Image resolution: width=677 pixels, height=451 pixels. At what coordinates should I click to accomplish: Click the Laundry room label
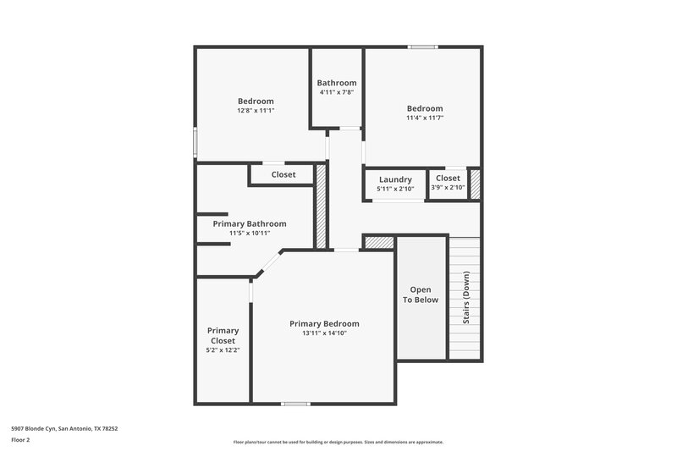pos(395,179)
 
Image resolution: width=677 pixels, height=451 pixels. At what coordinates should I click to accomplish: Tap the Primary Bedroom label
pos(324,323)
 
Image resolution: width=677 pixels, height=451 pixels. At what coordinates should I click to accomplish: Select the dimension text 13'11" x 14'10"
pos(324,333)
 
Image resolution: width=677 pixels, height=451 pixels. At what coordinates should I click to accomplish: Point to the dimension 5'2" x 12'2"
pos(223,349)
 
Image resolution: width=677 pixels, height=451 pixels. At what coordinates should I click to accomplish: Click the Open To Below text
pos(421,294)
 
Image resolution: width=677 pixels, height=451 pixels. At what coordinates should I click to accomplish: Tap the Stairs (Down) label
pos(465,298)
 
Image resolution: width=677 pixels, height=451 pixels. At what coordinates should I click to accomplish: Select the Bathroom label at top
pos(337,83)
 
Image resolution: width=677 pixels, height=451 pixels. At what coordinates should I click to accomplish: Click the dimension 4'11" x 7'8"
pos(337,92)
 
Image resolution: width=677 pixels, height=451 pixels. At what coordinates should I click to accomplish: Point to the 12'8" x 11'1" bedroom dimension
pos(256,110)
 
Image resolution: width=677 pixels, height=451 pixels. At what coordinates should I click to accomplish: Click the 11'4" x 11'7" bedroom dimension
pos(425,118)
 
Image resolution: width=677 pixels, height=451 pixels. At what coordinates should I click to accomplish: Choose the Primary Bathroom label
pos(250,223)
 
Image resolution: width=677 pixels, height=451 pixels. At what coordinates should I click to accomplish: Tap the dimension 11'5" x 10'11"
pos(250,234)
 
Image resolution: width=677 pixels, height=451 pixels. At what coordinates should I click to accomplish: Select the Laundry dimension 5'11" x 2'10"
pos(395,189)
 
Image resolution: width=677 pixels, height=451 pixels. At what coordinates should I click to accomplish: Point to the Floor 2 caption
pos(21,440)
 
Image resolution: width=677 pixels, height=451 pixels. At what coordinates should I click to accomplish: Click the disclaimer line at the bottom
pos(338,442)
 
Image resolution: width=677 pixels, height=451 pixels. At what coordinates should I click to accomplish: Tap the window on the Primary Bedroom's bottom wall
pos(294,404)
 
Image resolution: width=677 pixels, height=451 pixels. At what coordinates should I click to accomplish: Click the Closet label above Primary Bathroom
pos(283,174)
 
